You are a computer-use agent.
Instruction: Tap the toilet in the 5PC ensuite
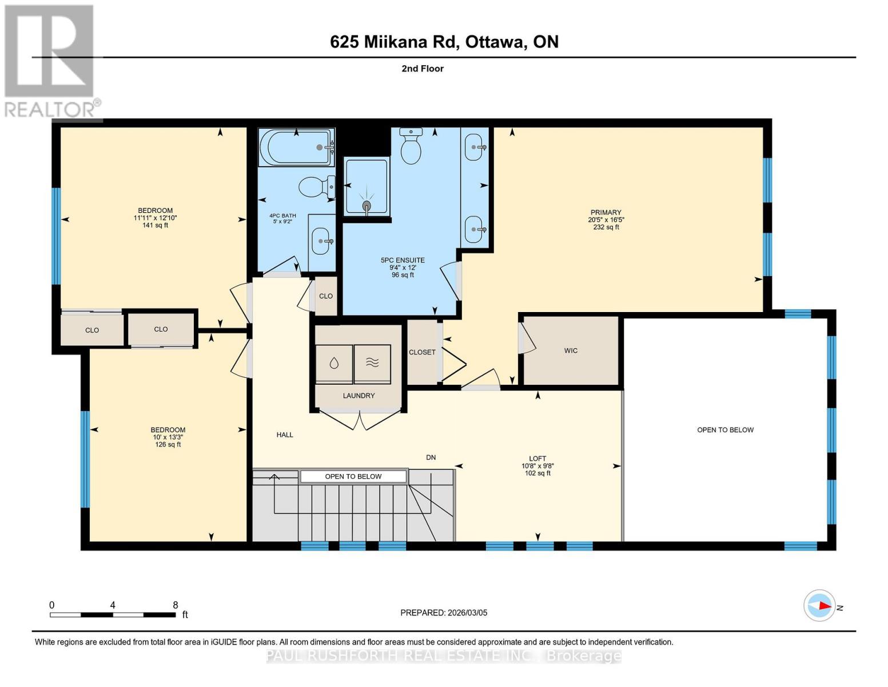pyautogui.click(x=411, y=147)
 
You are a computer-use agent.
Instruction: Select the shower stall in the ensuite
pyautogui.click(x=366, y=187)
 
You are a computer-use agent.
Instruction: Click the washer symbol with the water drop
pyautogui.click(x=334, y=364)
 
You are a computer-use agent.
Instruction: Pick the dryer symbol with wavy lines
pyautogui.click(x=372, y=364)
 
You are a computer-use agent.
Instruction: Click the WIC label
pyautogui.click(x=571, y=350)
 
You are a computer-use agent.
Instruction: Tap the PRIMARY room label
pyautogui.click(x=606, y=212)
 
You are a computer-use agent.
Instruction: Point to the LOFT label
pyautogui.click(x=537, y=459)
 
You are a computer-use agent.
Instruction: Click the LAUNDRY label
pyautogui.click(x=359, y=396)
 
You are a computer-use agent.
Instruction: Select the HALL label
pyautogui.click(x=285, y=435)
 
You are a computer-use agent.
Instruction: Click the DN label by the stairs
pyautogui.click(x=431, y=457)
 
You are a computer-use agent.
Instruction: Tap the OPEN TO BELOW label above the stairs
pyautogui.click(x=353, y=476)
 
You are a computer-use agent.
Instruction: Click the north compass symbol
pyautogui.click(x=820, y=605)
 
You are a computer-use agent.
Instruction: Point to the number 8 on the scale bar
pyautogui.click(x=176, y=605)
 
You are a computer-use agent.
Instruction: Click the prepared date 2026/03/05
pyautogui.click(x=467, y=613)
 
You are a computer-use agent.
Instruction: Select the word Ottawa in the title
pyautogui.click(x=495, y=42)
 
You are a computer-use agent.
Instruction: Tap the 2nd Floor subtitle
pyautogui.click(x=423, y=69)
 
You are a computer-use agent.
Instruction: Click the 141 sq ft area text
pyautogui.click(x=155, y=225)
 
